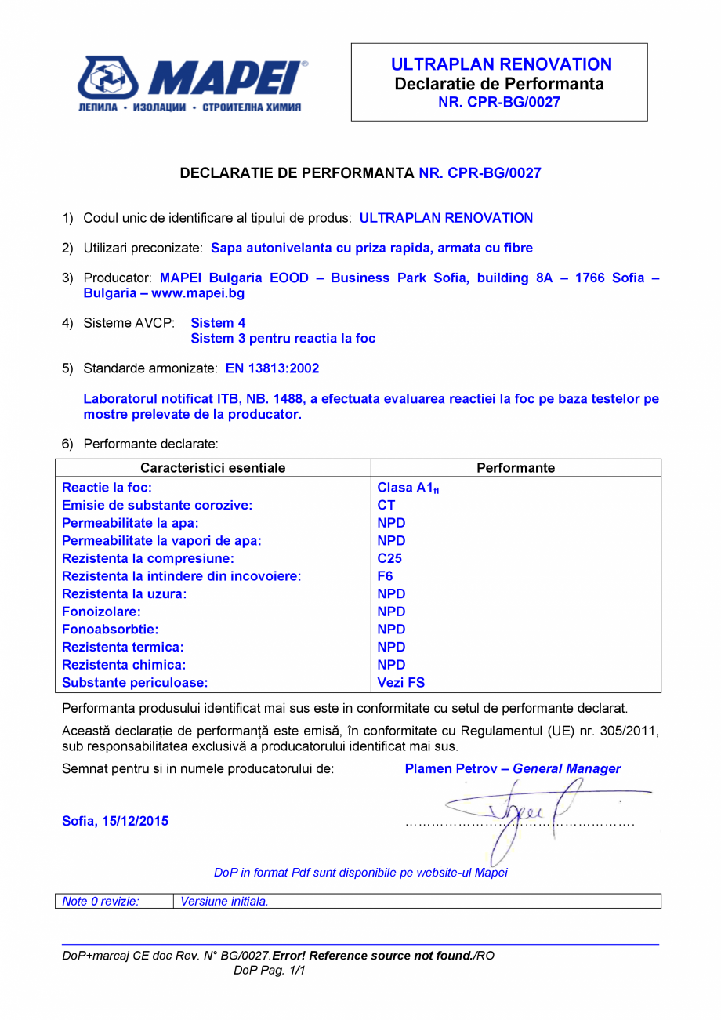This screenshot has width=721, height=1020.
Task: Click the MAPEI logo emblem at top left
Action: point(107,78)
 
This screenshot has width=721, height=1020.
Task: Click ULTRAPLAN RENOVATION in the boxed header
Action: point(501,64)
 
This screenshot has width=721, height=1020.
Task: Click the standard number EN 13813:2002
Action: point(272,368)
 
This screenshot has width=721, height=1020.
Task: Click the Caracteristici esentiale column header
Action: point(212,468)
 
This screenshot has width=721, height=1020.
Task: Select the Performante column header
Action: point(515,468)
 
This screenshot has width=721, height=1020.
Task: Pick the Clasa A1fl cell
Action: point(408,488)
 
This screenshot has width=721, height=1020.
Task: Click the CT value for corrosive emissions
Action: point(386,506)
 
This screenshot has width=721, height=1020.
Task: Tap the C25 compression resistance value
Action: point(389,559)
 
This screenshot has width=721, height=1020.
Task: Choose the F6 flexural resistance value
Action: point(385,576)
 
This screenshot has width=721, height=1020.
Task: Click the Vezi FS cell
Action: point(400,683)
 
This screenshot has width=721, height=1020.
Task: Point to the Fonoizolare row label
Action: point(101,612)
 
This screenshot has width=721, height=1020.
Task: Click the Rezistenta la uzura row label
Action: point(124,594)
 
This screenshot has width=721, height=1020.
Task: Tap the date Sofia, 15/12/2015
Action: point(114,822)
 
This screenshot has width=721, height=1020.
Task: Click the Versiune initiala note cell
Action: point(224,902)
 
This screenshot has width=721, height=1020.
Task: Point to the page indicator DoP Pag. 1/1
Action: point(269,971)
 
